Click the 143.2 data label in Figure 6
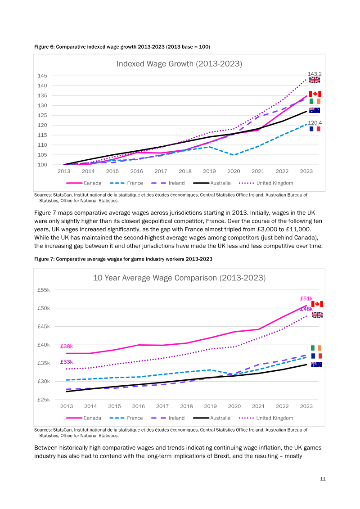tap(315, 74)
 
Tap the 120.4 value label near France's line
tap(315, 123)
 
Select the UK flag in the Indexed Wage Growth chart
tap(314, 80)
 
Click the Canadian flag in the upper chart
tap(315, 94)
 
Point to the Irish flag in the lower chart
tap(316, 348)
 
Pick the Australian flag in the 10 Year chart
tap(316, 364)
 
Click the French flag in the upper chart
tap(315, 129)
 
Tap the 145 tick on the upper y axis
tap(42, 76)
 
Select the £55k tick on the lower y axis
tap(44, 290)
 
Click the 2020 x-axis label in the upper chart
tap(234, 171)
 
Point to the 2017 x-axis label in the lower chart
tap(162, 406)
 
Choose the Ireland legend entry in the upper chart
tap(168, 183)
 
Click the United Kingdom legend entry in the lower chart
tap(266, 418)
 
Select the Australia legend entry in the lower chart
tap(211, 418)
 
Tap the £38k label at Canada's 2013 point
tap(67, 347)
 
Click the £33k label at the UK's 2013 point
tap(67, 362)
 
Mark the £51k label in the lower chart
tap(306, 299)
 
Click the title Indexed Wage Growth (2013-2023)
tap(180, 63)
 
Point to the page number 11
tap(323, 479)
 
